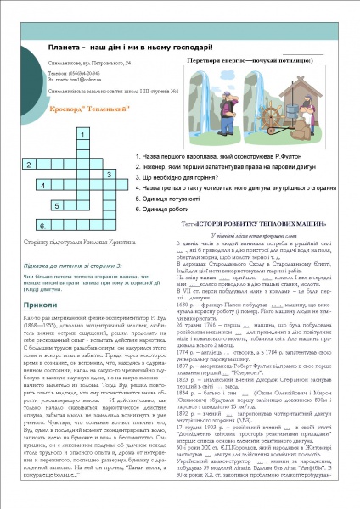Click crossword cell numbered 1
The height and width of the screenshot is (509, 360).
[x=82, y=136]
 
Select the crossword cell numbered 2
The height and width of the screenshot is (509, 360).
[x=30, y=164]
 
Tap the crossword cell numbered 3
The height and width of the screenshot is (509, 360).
[x=110, y=174]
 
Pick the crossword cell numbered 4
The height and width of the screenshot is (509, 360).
[x=43, y=184]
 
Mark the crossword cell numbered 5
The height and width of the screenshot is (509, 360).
[x=56, y=205]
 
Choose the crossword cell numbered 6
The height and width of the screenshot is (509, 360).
[x=43, y=226]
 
